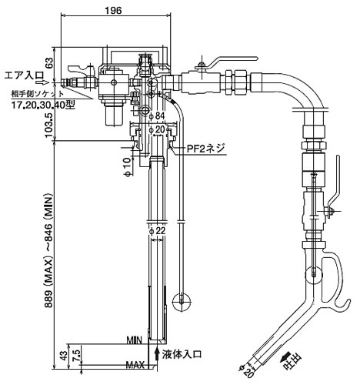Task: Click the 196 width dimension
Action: click(113, 11)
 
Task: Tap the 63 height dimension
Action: click(49, 63)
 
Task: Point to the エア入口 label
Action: click(24, 75)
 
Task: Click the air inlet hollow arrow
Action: click(42, 82)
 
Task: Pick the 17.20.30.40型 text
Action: click(44, 105)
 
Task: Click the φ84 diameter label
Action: click(157, 116)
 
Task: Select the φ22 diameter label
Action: click(157, 231)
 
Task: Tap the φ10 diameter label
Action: click(127, 167)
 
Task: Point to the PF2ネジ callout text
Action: click(206, 148)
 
